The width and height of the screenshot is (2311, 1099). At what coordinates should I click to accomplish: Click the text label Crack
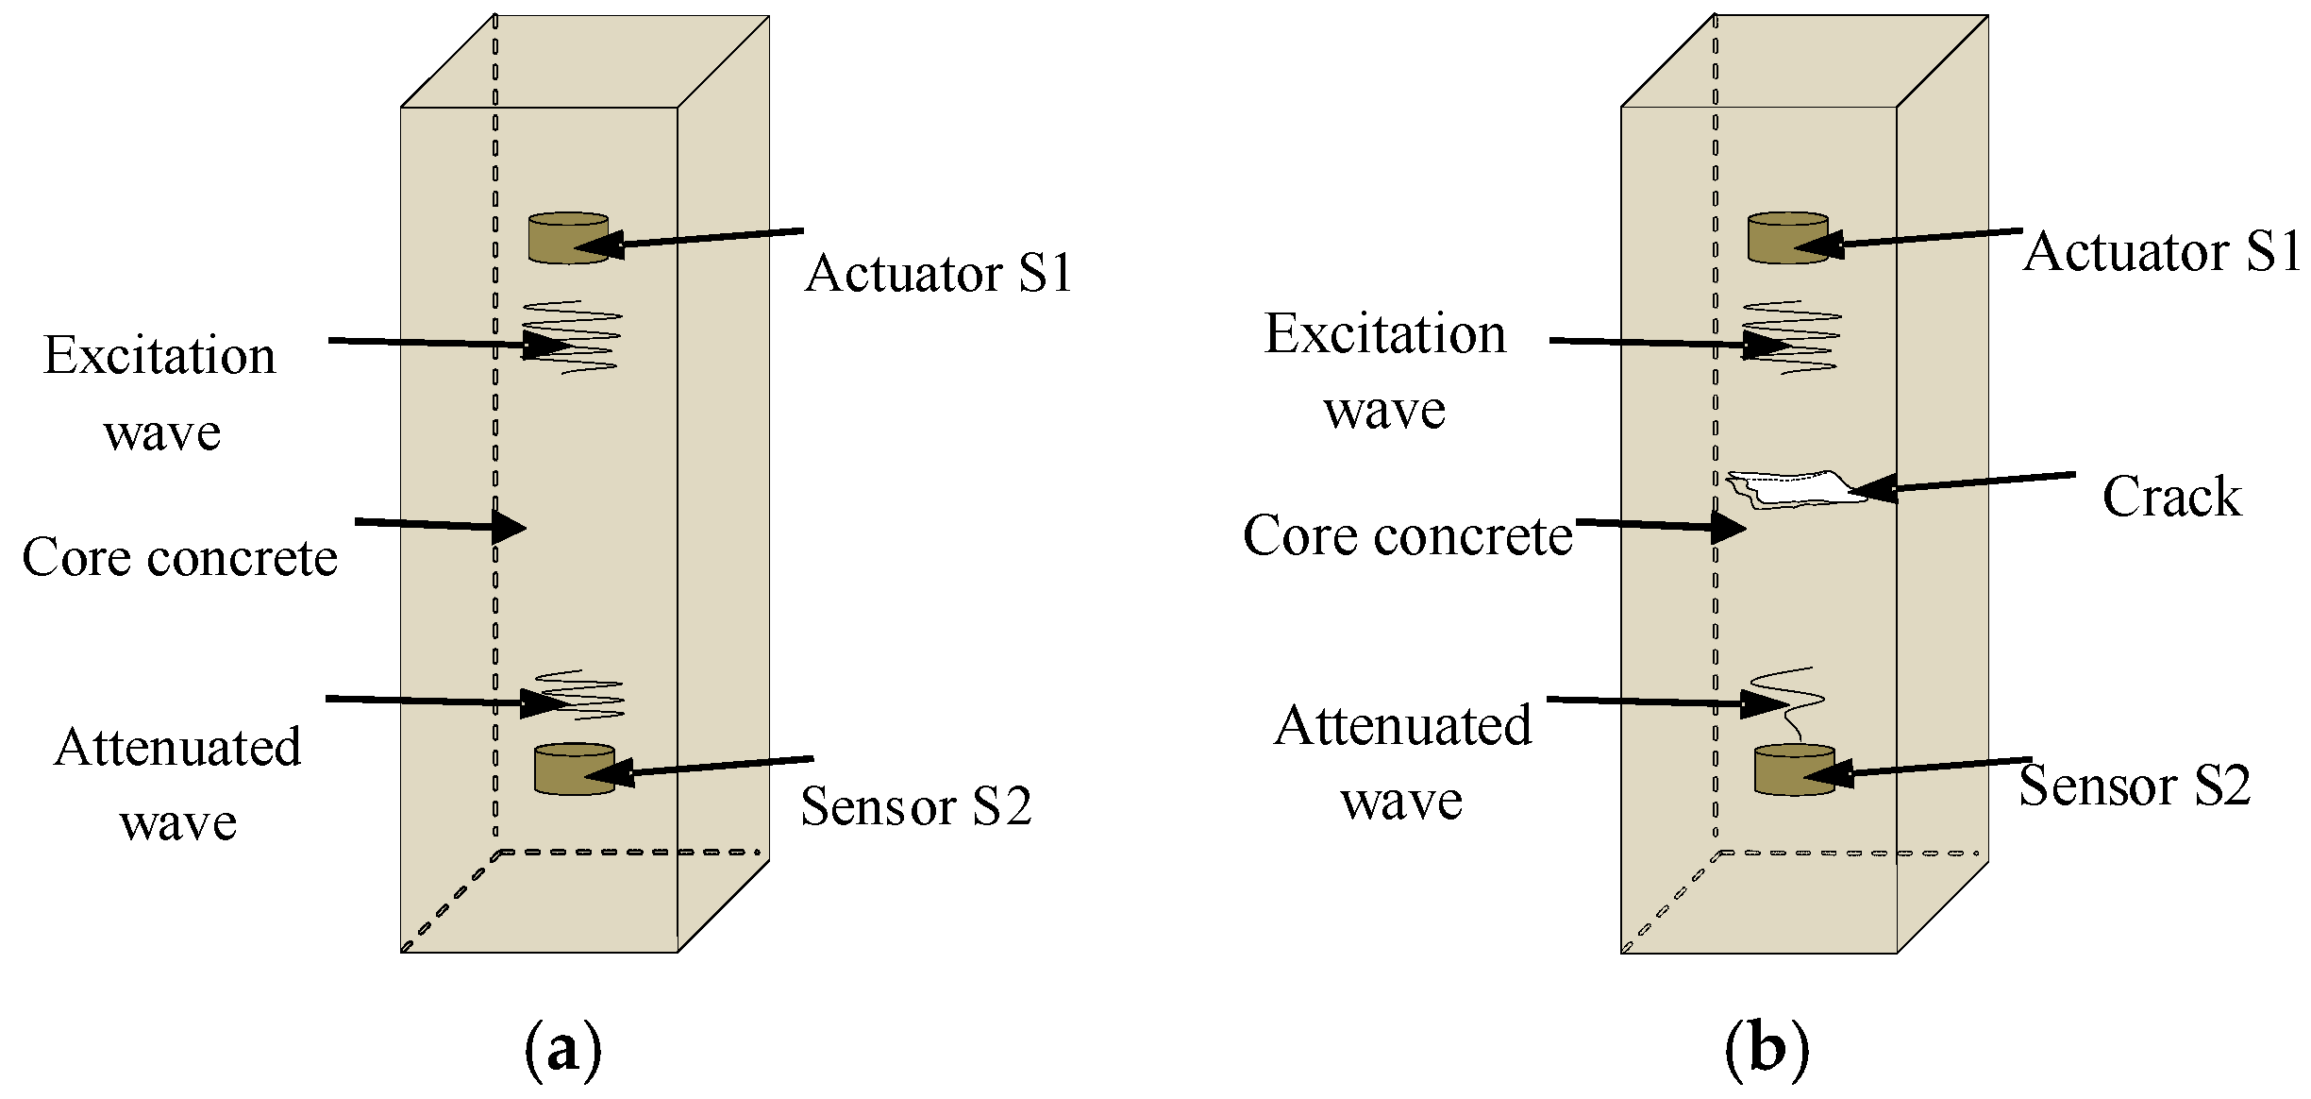(x=2170, y=498)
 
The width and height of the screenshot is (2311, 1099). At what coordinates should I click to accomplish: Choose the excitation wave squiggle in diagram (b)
(x=1791, y=337)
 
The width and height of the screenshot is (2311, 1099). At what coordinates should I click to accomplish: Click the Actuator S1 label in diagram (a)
(x=939, y=274)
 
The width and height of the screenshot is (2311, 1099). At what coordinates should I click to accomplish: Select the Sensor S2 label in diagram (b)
(x=2135, y=786)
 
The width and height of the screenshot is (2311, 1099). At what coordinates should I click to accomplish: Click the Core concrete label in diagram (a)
(x=179, y=557)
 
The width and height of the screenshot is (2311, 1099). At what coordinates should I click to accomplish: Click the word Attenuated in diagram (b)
(x=1402, y=726)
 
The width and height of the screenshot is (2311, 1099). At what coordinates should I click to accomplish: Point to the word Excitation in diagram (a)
(x=159, y=356)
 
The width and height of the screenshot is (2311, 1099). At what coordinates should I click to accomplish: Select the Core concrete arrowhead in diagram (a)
(x=508, y=526)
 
